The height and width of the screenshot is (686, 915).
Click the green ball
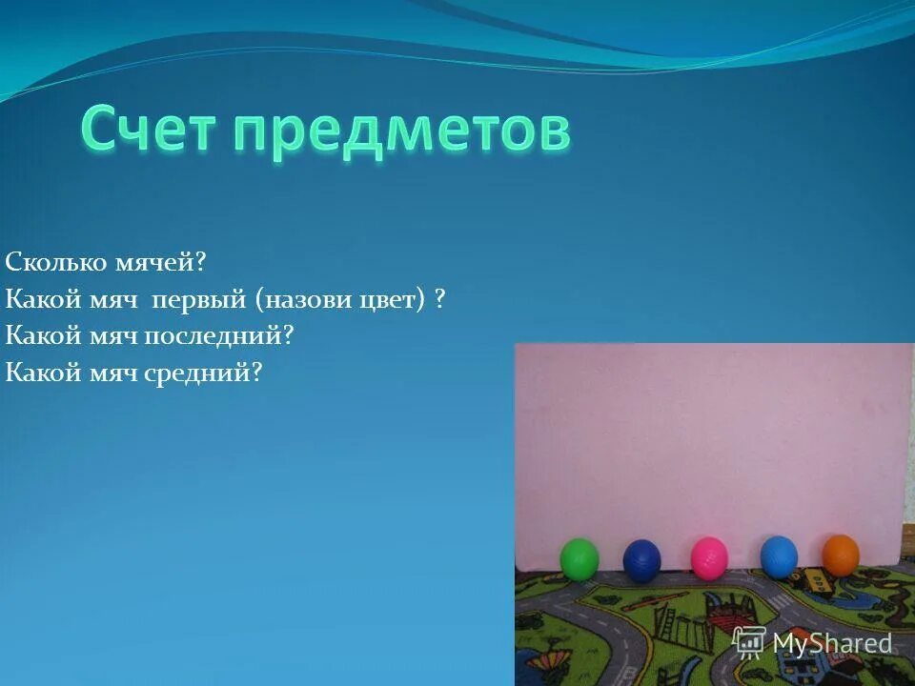[579, 558]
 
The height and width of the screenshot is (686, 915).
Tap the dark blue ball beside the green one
[641, 560]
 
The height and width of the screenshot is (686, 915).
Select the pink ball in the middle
[709, 557]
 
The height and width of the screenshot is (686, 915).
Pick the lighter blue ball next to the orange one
[779, 556]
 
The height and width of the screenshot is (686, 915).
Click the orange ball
[841, 555]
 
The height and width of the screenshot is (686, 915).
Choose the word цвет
[391, 299]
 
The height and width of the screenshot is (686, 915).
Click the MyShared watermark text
[832, 643]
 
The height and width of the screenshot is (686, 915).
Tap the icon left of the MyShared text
[749, 641]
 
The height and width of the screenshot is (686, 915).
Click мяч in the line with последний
[109, 335]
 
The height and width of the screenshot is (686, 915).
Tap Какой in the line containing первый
[37, 299]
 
